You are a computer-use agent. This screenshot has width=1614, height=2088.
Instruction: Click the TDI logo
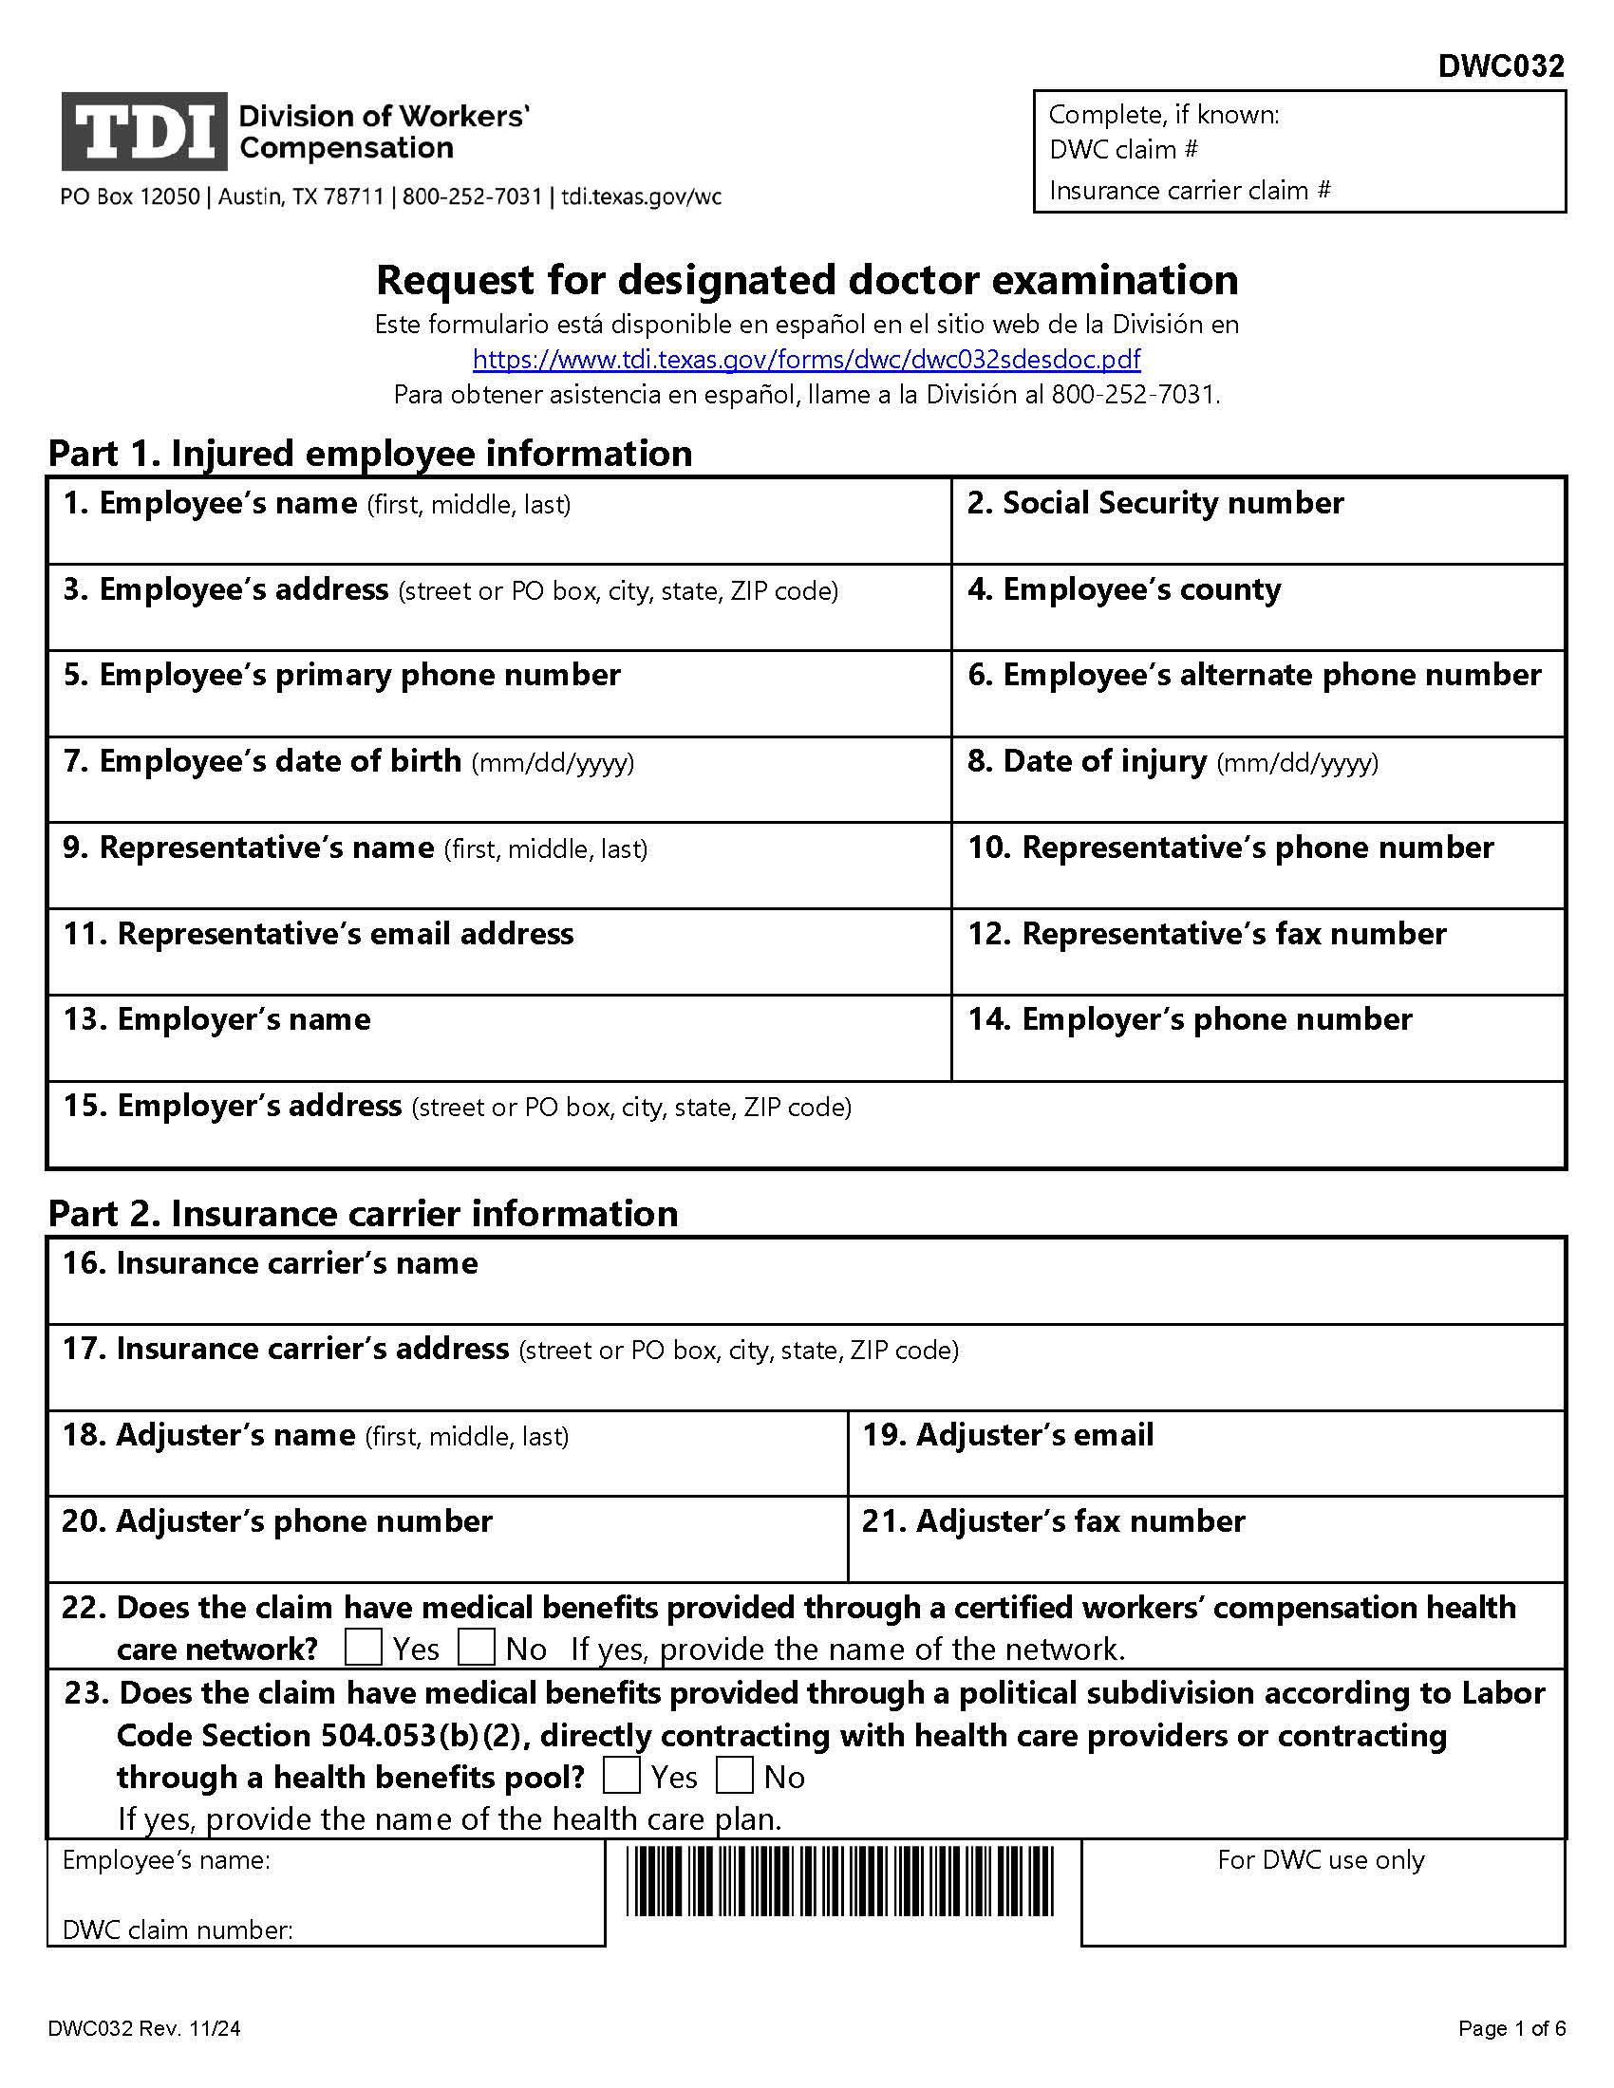pos(144,132)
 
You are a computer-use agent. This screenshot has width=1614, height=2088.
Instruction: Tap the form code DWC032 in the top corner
pos(1500,66)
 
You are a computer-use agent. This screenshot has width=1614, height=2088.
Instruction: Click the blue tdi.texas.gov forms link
pos(806,360)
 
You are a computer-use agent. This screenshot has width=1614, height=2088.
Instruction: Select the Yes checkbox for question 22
pos(364,1648)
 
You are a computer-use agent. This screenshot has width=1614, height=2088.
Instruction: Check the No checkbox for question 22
pos(477,1648)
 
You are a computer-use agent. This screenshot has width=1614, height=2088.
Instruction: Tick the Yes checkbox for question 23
pos(622,1776)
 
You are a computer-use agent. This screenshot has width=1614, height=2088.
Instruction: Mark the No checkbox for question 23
pos(734,1776)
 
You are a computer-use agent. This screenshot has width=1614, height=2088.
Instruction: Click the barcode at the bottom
pos(840,1880)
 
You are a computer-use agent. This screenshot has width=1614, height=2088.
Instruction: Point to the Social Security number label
pos(1155,503)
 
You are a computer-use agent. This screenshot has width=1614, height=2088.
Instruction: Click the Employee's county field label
pos(1124,590)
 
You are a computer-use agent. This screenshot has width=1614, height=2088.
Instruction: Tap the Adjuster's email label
pos(1007,1435)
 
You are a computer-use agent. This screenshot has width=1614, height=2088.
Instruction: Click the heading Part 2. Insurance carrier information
pos(364,1213)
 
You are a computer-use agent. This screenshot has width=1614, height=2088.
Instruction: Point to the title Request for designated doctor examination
pos(807,280)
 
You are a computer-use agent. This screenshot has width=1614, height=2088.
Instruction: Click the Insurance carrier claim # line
pos(1190,190)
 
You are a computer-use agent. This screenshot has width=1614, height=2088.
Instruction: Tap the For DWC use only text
pos(1321,1859)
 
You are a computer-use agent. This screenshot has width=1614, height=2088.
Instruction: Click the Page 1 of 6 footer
pos(1511,2028)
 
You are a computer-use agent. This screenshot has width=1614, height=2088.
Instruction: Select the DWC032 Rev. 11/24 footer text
pos(144,2028)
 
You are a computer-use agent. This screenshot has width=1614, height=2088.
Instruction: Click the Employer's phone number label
pos(1190,1019)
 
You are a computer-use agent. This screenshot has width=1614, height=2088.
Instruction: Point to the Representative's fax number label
pos(1207,933)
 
